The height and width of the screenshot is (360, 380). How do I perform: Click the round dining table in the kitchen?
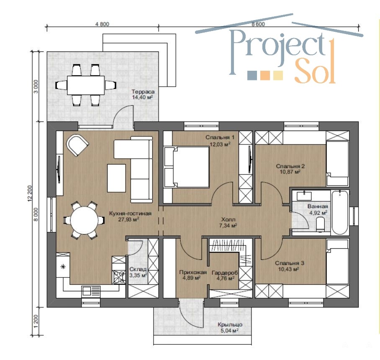pos(85,220)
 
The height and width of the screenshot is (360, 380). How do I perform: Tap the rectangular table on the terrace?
pos(86,85)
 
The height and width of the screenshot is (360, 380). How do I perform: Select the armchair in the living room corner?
pos(77,145)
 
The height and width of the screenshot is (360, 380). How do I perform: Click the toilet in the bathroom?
pos(321,224)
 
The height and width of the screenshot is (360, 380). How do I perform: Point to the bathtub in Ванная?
pos(340,212)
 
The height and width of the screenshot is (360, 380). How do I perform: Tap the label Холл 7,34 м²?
pos(228,223)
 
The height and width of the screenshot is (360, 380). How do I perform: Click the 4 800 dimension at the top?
pos(102,24)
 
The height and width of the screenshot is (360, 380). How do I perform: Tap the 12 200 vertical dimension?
pos(30,193)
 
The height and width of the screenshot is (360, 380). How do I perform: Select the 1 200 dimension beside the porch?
pos(36,321)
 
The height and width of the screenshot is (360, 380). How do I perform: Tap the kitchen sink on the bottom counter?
pos(91,291)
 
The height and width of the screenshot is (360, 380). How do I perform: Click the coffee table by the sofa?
pos(116,178)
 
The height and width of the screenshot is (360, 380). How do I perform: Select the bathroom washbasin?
pos(304,195)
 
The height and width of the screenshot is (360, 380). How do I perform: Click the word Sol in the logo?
pos(315,71)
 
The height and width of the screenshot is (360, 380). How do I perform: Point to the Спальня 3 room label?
pos(290,266)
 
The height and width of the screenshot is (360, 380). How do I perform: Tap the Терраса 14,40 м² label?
pos(143,94)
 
